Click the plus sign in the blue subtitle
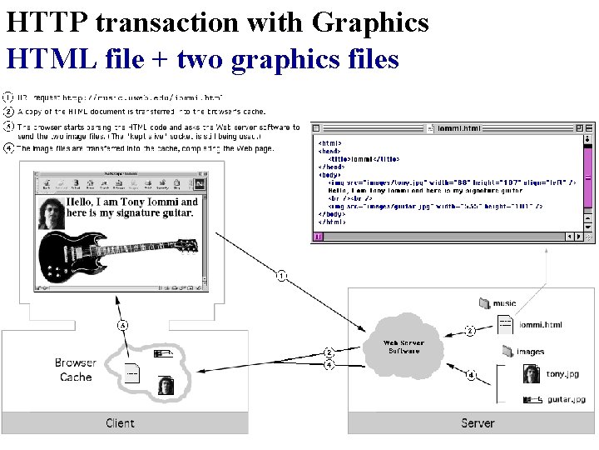(x=161, y=59)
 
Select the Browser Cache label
(x=76, y=370)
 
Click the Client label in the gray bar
(x=121, y=423)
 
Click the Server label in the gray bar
(x=478, y=423)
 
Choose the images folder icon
(x=506, y=352)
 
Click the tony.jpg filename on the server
(x=562, y=374)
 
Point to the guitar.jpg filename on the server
(x=566, y=400)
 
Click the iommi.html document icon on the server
(x=506, y=325)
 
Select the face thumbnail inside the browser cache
(x=166, y=386)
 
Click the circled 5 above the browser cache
(x=123, y=325)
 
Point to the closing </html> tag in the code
(x=333, y=222)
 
